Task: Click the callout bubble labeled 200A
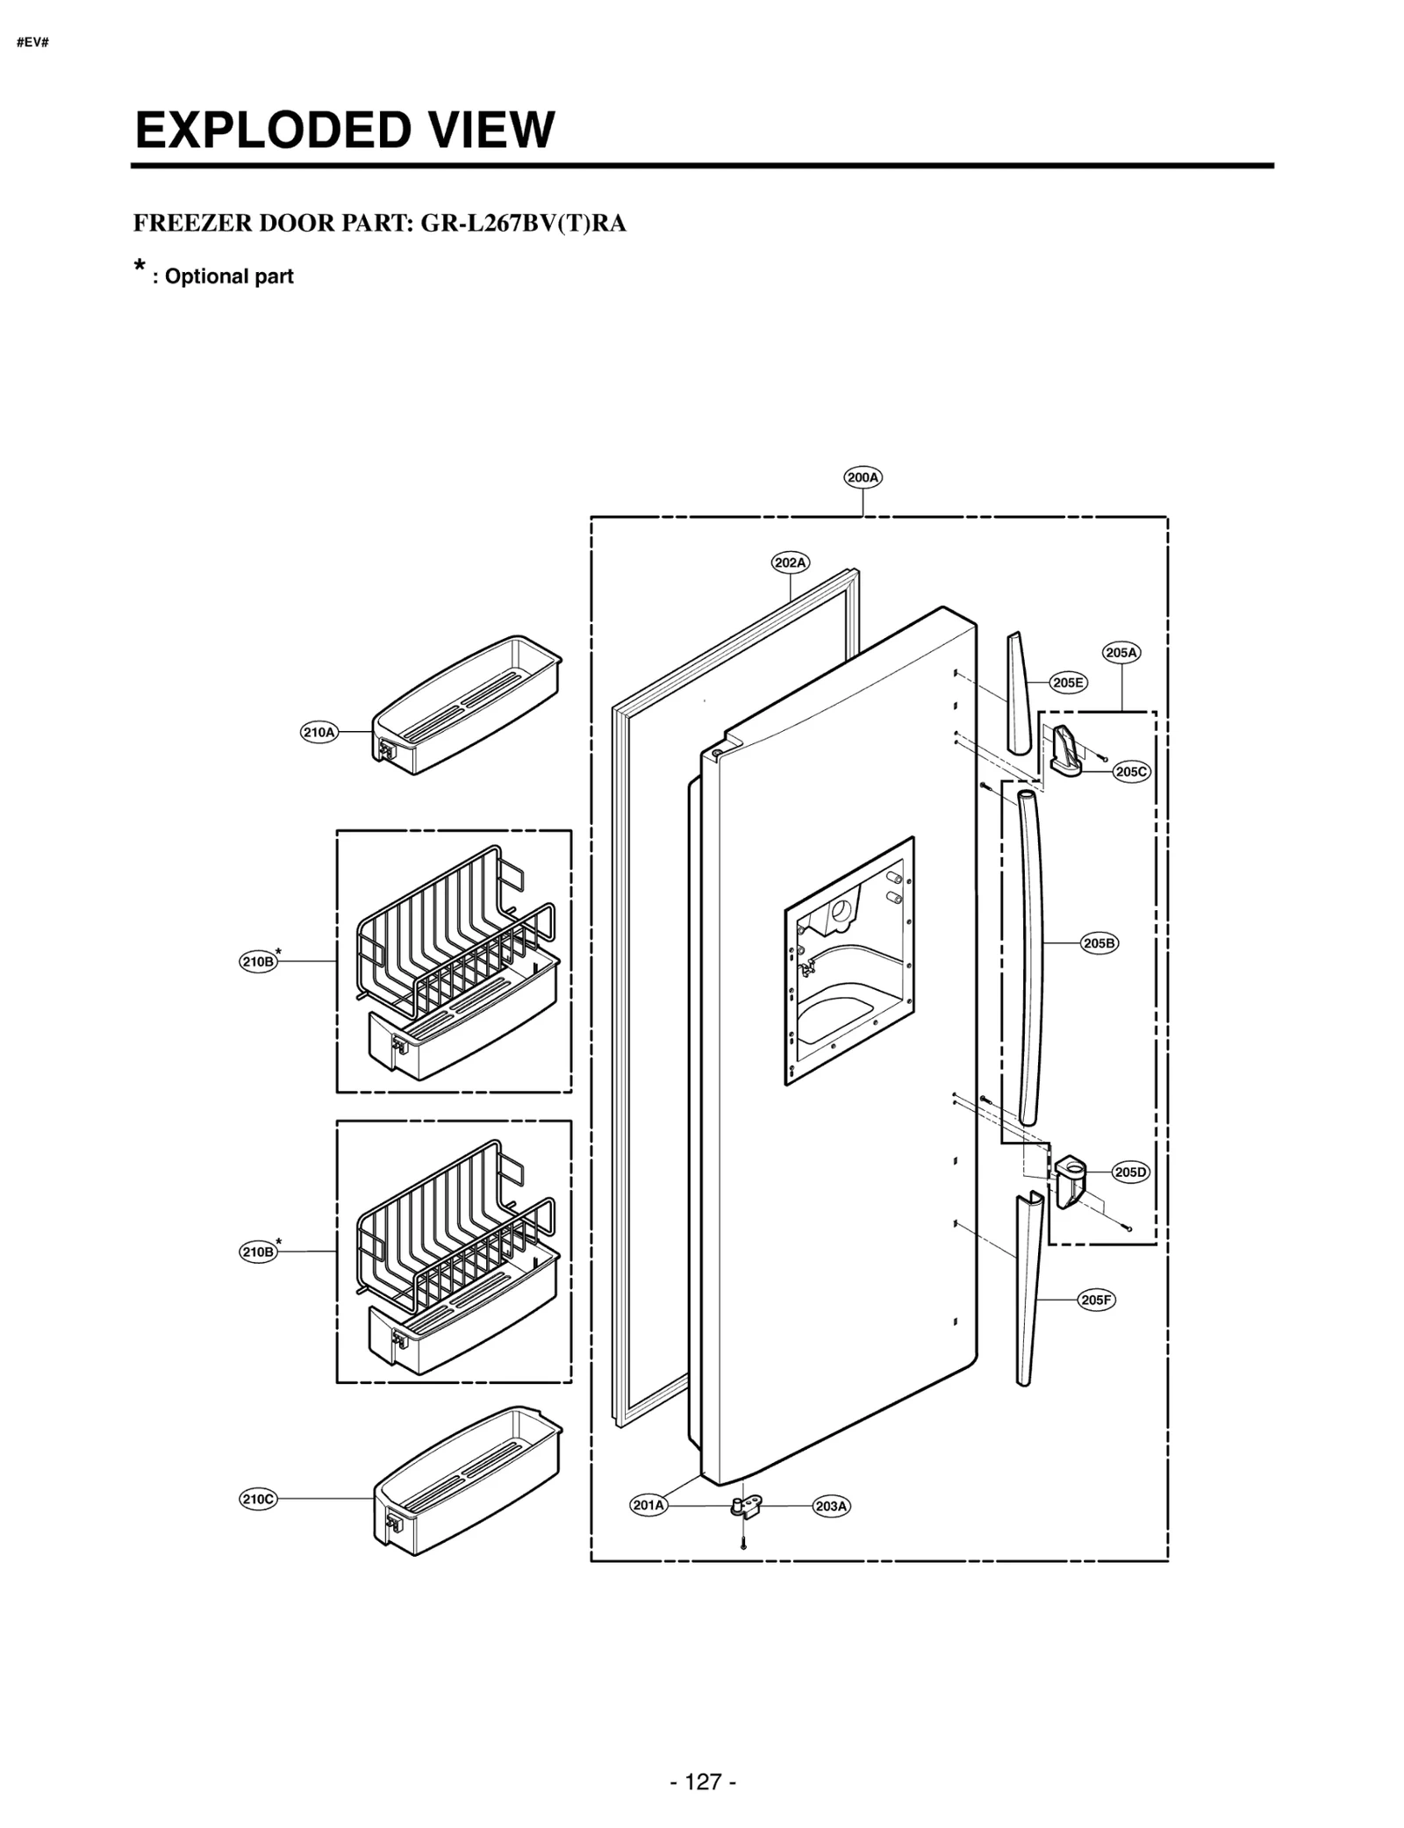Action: coord(863,477)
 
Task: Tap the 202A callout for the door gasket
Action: coord(791,563)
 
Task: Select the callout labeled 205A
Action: coord(1121,653)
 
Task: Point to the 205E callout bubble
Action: coord(1068,683)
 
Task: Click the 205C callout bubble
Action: coord(1131,772)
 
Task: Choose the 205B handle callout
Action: coord(1099,943)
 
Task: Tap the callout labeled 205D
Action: coord(1130,1172)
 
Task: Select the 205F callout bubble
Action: coord(1096,1301)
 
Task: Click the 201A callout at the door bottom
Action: coord(648,1506)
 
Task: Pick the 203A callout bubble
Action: coord(831,1507)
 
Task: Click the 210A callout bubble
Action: coord(319,732)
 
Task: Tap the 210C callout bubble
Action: coord(258,1500)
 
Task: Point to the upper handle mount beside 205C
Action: coord(1065,753)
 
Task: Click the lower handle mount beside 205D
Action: coord(1071,1180)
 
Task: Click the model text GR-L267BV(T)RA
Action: coord(523,223)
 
